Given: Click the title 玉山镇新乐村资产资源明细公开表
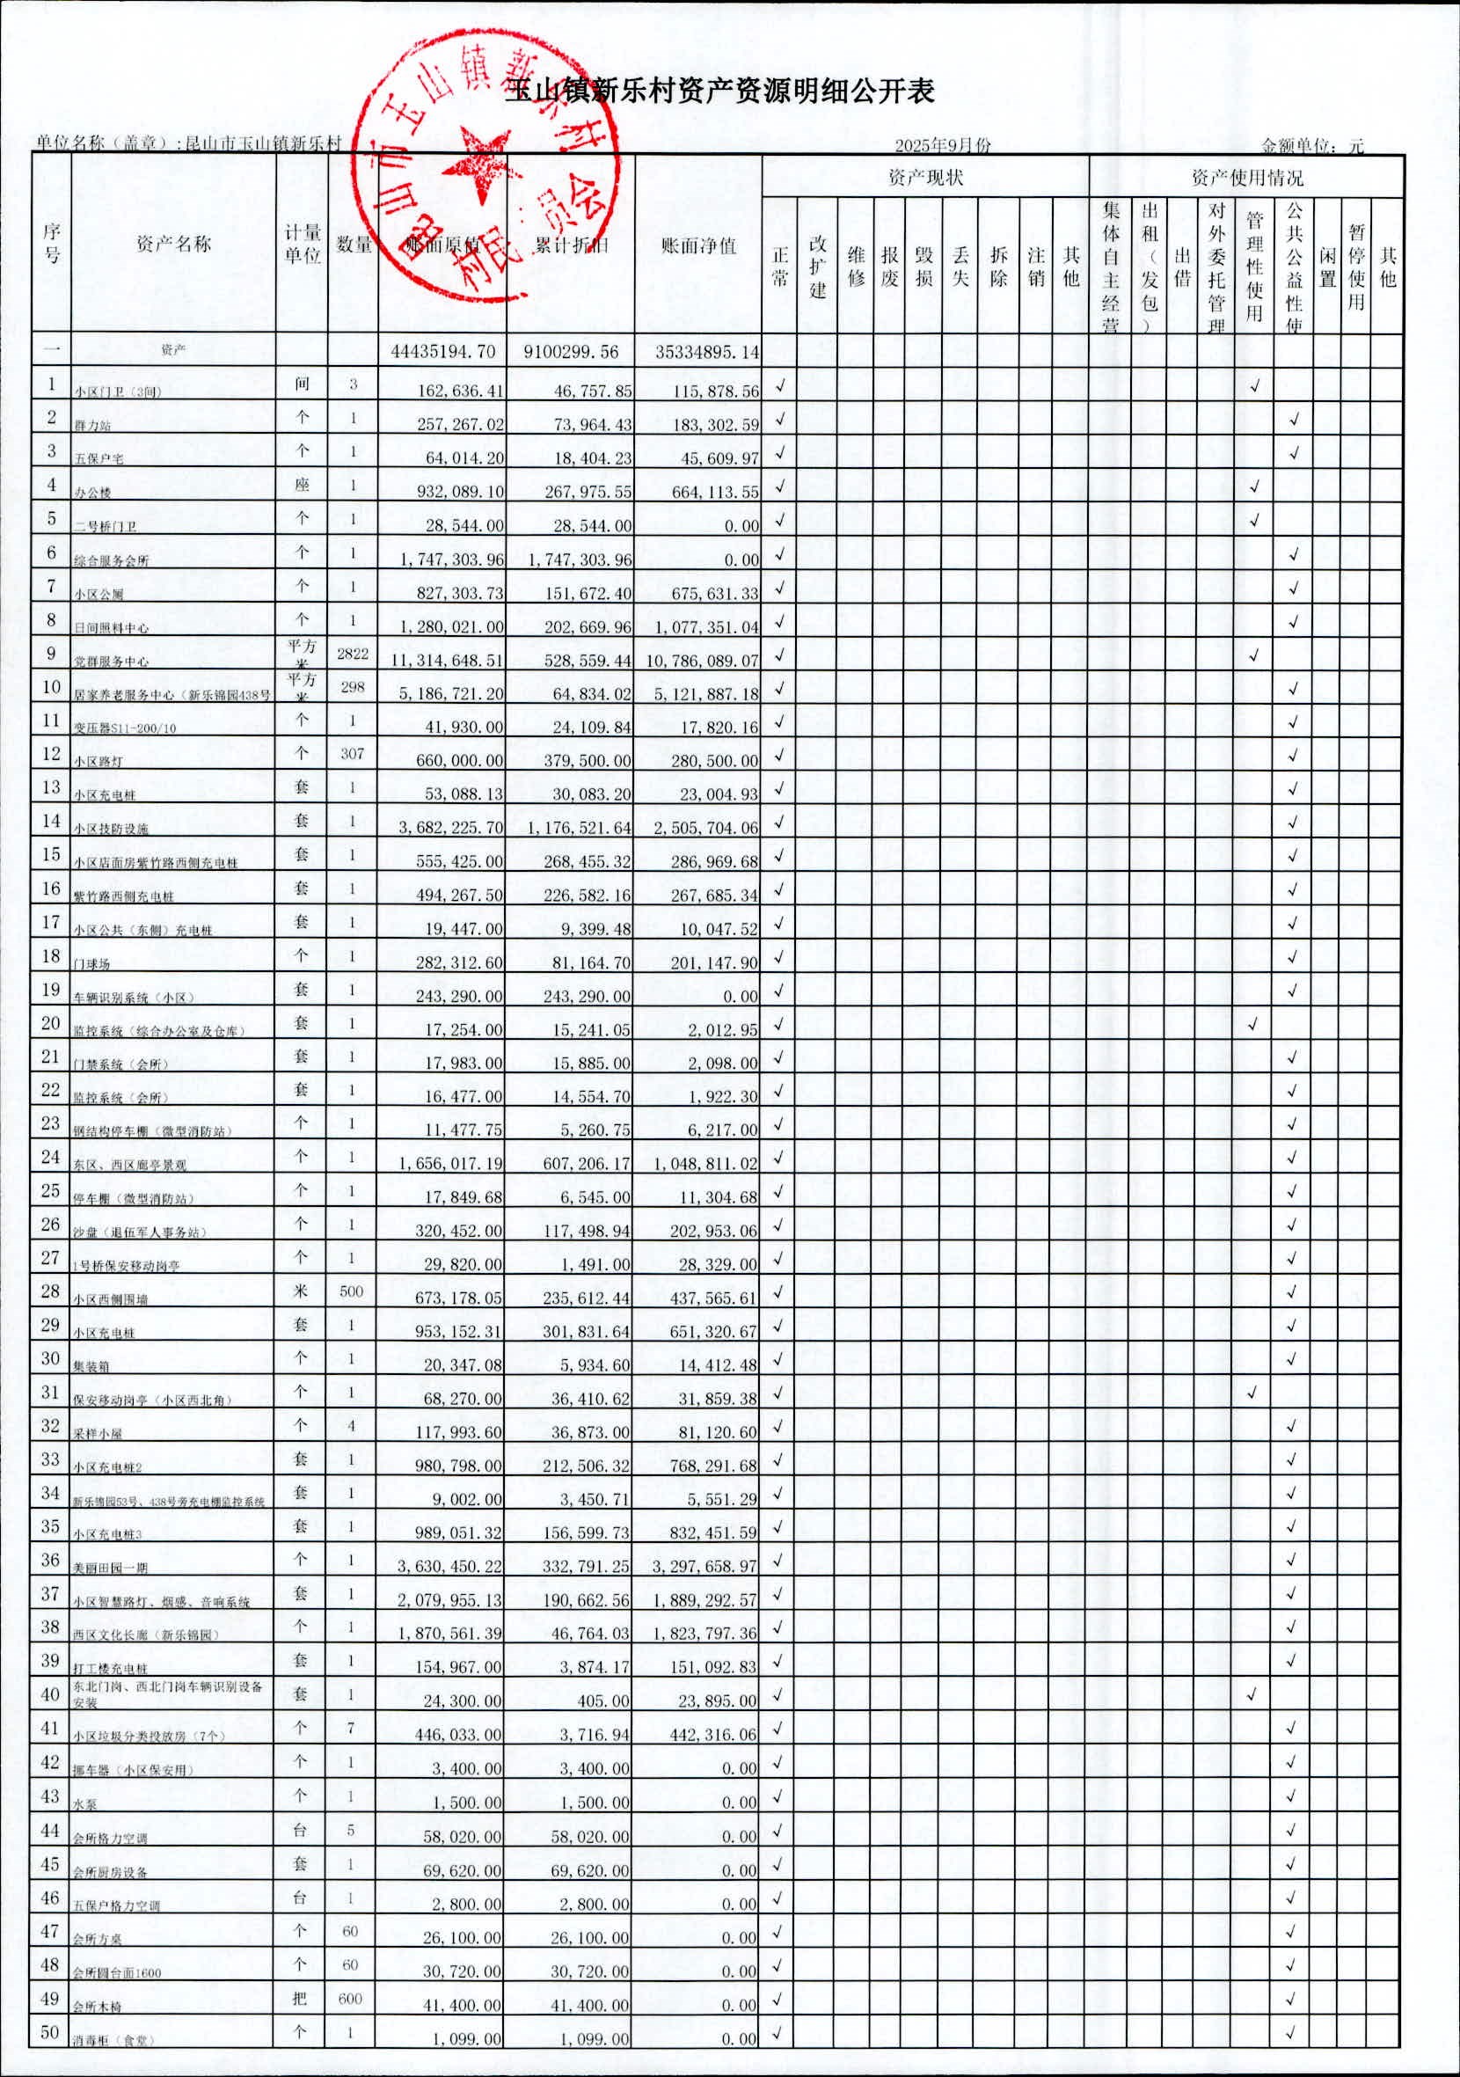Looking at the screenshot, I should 719,91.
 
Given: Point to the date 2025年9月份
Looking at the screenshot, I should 943,146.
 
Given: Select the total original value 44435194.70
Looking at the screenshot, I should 443,352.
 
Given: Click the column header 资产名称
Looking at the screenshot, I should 172,244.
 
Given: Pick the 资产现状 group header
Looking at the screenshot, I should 924,178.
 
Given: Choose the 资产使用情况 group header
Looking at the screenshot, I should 1246,178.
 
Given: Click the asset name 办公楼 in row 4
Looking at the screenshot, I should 92,493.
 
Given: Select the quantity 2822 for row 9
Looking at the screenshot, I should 352,653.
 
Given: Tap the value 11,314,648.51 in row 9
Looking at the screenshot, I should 447,661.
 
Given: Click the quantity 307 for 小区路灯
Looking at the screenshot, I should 352,753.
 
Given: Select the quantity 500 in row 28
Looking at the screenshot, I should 351,1291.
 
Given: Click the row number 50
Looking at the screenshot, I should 51,2032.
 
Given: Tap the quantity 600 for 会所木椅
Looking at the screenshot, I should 350,1999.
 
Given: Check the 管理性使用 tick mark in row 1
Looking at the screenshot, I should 1254,386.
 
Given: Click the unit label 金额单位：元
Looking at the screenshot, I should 1311,146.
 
